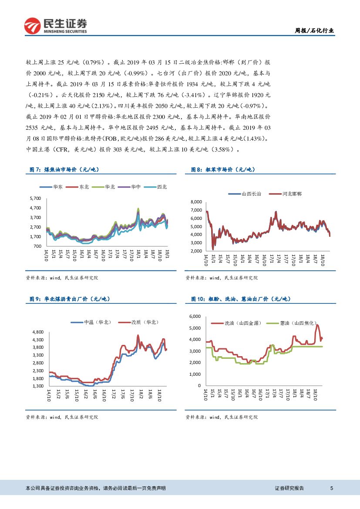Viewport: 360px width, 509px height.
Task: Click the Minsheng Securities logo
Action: (x=55, y=26)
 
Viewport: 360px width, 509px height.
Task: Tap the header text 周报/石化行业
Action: (x=315, y=30)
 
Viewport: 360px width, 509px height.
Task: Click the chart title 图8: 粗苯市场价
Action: (x=223, y=170)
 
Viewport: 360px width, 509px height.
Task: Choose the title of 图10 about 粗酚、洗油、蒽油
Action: (x=241, y=299)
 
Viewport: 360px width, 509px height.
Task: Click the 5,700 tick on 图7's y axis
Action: (x=35, y=198)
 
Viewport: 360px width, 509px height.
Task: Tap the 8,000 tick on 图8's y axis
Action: (x=197, y=202)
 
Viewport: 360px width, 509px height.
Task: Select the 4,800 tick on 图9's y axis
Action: (x=37, y=332)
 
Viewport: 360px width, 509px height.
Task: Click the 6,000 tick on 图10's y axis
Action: (x=195, y=316)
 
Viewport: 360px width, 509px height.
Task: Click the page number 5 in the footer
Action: (x=332, y=488)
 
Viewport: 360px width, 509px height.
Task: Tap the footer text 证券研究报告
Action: (x=289, y=488)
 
